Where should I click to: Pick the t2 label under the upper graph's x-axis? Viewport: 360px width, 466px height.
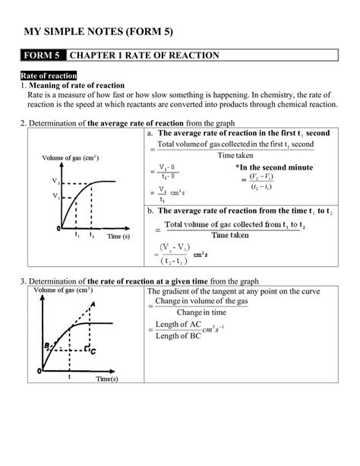point(92,235)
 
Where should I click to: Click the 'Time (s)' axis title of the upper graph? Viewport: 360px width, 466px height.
point(117,236)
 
